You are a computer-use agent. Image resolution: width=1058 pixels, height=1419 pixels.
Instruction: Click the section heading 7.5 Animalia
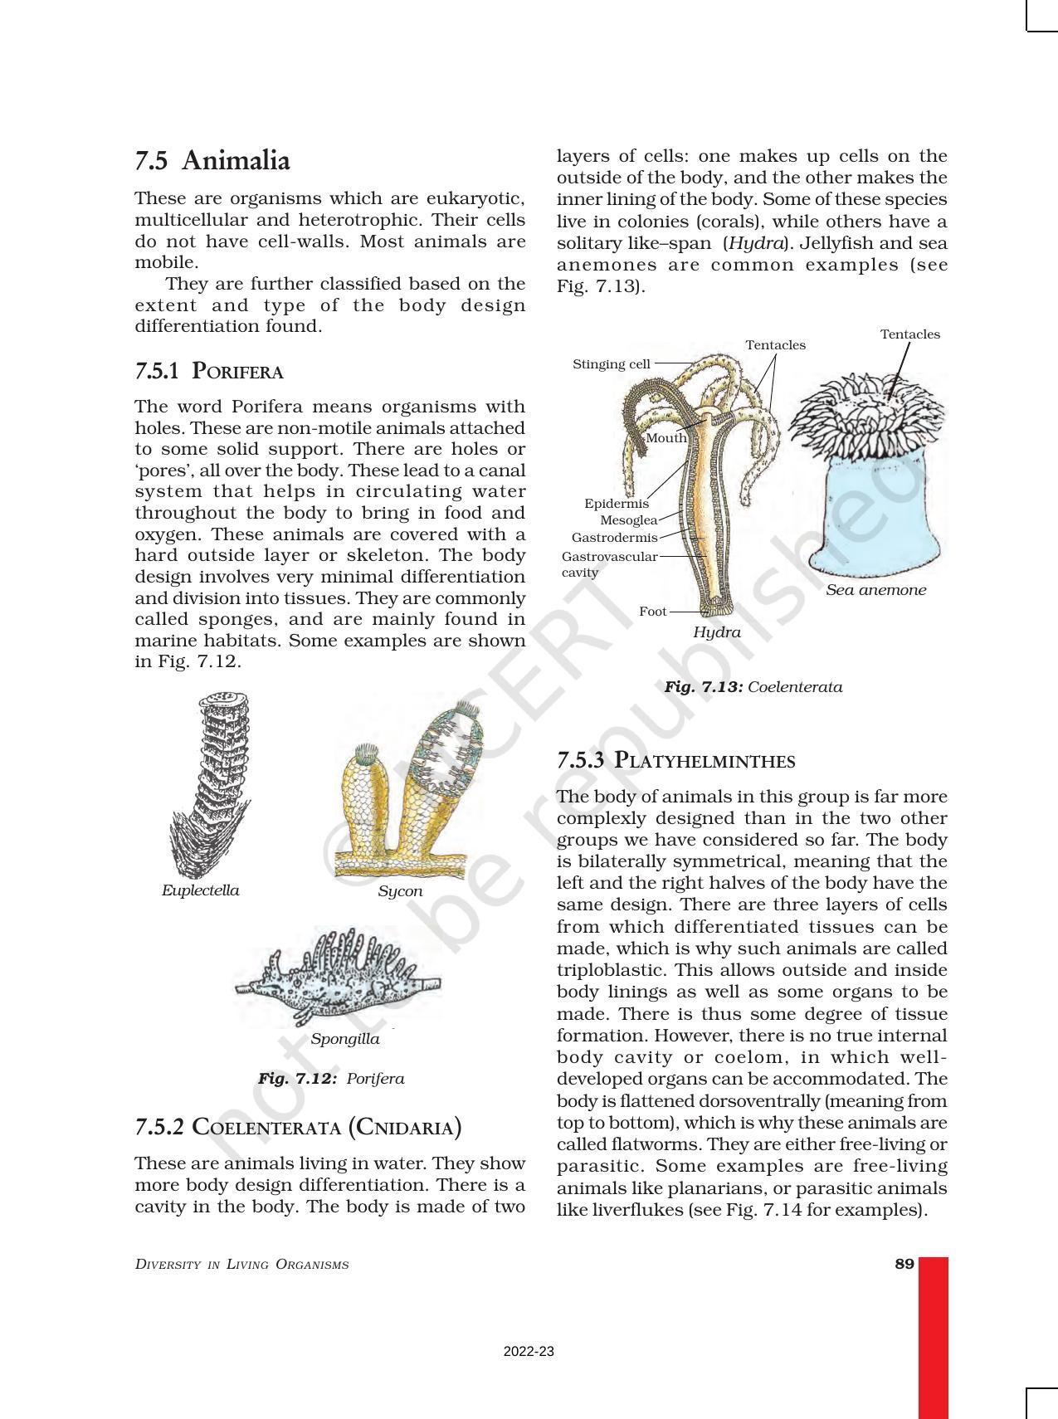point(212,160)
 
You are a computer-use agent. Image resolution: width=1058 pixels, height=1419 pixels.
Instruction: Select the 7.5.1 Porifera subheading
point(209,371)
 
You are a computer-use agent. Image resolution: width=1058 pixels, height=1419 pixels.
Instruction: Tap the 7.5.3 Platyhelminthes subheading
point(675,760)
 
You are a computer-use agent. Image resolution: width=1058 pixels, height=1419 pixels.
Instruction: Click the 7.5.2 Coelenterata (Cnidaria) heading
point(298,1127)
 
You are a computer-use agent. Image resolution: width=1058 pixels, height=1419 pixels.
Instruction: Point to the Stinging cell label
point(612,363)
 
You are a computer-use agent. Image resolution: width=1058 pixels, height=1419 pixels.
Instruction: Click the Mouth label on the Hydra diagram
point(666,437)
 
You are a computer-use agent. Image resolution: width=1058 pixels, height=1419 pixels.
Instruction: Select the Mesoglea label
point(628,520)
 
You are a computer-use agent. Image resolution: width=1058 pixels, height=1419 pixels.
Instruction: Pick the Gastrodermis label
point(614,538)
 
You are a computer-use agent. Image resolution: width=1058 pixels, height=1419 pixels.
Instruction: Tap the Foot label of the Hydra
point(652,612)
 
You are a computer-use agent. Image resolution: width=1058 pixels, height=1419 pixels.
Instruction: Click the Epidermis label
point(617,504)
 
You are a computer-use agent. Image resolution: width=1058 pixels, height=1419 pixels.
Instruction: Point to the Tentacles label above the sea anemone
point(909,334)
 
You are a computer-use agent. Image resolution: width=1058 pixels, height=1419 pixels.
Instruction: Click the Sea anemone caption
point(875,590)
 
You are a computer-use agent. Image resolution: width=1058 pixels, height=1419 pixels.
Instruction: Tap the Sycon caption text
point(400,891)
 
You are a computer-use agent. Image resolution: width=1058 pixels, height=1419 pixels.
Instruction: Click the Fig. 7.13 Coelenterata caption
point(753,687)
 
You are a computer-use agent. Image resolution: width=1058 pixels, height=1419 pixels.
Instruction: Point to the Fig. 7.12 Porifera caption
point(330,1079)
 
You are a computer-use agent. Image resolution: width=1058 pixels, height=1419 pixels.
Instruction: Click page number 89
point(904,1264)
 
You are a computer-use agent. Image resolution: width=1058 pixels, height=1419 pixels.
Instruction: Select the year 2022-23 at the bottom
point(529,1352)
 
